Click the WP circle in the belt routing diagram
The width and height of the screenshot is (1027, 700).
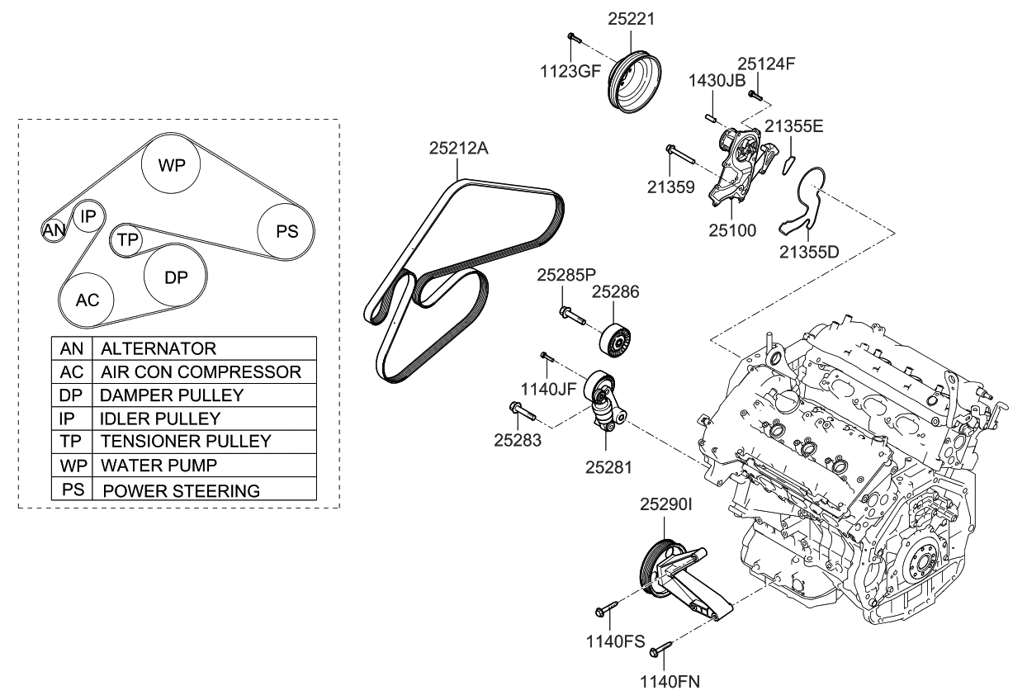[172, 165]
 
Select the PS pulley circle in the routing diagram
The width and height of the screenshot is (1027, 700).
[286, 231]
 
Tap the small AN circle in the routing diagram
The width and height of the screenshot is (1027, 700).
[53, 231]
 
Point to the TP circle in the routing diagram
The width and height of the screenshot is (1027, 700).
[126, 239]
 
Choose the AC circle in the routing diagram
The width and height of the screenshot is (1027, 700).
[88, 300]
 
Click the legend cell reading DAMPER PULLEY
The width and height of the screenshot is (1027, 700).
[204, 395]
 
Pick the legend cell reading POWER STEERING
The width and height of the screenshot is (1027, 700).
[204, 490]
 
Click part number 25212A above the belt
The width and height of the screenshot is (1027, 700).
[458, 149]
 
